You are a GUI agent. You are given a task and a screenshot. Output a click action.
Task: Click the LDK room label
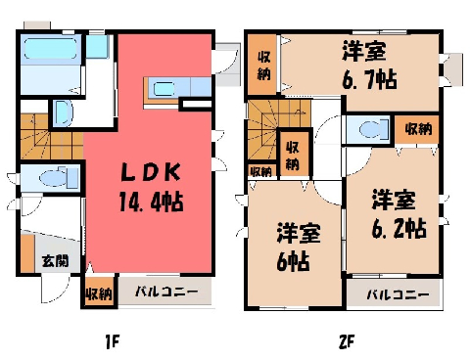(151, 172)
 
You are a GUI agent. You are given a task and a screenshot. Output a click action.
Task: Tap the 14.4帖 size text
(151, 202)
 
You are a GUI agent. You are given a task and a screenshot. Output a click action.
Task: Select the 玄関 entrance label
(56, 261)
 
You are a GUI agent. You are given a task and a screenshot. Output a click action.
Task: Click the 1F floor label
(112, 342)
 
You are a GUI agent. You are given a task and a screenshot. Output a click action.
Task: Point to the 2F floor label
(347, 342)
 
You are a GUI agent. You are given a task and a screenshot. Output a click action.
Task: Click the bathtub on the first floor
(51, 49)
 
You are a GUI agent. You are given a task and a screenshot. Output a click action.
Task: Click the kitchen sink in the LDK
(164, 89)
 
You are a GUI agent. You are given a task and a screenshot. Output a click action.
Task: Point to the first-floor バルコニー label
(166, 292)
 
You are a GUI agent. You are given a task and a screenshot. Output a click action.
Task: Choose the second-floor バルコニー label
(398, 295)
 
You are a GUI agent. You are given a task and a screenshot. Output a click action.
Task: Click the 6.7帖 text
(369, 79)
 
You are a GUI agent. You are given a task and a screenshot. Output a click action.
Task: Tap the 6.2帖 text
(399, 228)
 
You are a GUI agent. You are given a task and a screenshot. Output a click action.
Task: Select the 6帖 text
(293, 261)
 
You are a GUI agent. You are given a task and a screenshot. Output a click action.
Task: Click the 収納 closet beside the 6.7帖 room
(263, 66)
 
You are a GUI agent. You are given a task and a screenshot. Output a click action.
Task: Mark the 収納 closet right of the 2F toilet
(418, 129)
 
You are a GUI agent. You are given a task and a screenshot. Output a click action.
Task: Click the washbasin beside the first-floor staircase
(62, 112)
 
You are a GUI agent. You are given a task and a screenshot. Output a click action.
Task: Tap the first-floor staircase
(52, 136)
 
